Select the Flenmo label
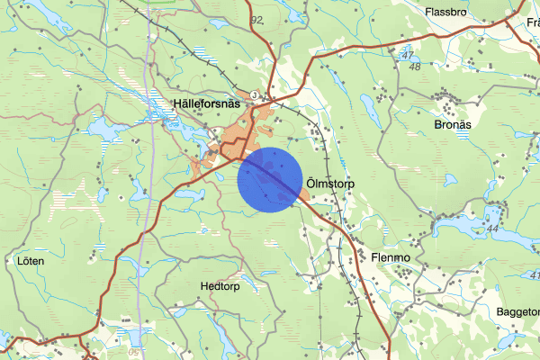coord(390,257)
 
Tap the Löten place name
coord(30,261)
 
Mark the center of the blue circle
coord(270,179)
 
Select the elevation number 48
coord(414,67)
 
